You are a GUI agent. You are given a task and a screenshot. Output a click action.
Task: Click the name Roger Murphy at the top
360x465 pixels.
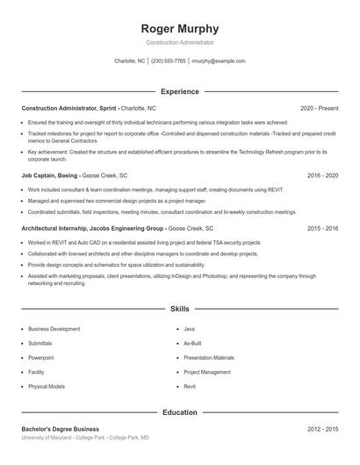tap(180, 28)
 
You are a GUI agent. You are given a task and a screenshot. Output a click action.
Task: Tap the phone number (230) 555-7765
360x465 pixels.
tap(169, 61)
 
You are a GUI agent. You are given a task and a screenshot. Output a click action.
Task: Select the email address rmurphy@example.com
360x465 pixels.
tap(218, 61)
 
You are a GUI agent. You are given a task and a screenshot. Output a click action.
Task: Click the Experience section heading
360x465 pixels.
tap(180, 91)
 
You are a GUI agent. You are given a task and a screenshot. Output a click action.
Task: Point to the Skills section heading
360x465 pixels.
tap(180, 309)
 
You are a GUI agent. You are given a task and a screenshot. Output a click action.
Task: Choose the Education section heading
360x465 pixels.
tap(180, 411)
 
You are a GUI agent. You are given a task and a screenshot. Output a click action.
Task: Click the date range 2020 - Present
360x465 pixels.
tap(319, 108)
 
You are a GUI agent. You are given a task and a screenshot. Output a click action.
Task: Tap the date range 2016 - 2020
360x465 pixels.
tap(322, 175)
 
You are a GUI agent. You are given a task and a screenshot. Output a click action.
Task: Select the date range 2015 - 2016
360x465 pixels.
tap(322, 228)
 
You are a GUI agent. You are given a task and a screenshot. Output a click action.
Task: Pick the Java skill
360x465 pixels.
tap(189, 329)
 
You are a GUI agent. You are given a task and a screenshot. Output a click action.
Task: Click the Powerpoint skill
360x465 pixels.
tap(40, 358)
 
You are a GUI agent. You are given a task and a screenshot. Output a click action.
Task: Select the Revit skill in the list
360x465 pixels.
tap(190, 386)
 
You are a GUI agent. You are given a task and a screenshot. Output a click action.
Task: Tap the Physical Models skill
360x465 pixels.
tap(47, 386)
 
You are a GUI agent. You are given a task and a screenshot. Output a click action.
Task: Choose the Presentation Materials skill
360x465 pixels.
tap(209, 358)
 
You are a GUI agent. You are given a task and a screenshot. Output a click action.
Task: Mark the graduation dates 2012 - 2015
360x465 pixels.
tap(322, 429)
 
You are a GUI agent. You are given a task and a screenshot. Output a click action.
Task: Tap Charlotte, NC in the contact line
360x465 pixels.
tap(130, 61)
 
